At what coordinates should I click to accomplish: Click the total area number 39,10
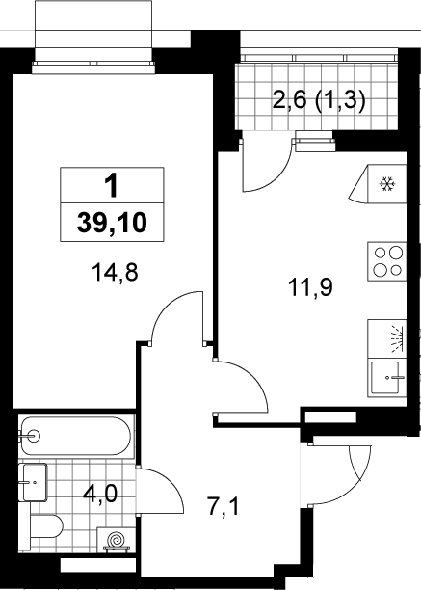[112, 223]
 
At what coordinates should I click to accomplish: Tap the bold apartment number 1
[112, 186]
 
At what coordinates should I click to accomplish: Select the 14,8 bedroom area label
[115, 273]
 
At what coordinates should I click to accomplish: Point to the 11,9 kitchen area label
[310, 288]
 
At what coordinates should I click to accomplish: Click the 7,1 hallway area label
[223, 506]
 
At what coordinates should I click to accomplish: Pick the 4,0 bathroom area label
[100, 494]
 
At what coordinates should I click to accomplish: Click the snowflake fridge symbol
[386, 184]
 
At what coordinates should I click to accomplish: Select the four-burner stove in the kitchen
[386, 261]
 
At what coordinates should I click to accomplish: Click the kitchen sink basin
[385, 377]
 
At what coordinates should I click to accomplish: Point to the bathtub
[76, 436]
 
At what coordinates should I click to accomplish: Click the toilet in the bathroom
[46, 526]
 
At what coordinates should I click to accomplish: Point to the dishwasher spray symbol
[397, 338]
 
